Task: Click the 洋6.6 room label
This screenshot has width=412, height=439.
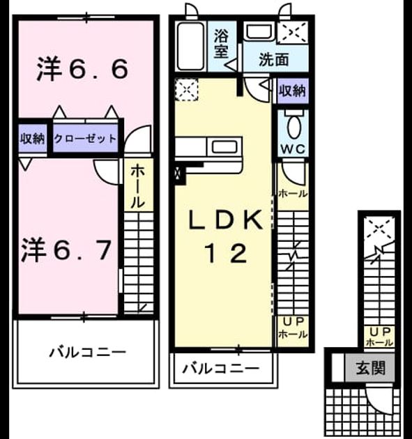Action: tap(83, 68)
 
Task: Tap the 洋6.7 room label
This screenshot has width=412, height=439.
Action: tap(66, 249)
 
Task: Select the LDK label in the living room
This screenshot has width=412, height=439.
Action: tap(226, 220)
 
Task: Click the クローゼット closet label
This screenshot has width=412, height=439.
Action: tap(85, 138)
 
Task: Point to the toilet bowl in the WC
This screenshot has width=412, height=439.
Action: tap(293, 128)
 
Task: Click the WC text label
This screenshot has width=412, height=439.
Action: tap(293, 148)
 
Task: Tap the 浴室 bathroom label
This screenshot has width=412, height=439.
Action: tap(221, 44)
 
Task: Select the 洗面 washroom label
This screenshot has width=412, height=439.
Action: tap(274, 59)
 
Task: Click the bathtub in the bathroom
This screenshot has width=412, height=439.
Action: tap(190, 46)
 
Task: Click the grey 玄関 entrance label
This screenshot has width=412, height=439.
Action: tap(371, 368)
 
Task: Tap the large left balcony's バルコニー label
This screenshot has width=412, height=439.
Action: tap(88, 353)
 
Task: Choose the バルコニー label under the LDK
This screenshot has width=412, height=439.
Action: tap(221, 369)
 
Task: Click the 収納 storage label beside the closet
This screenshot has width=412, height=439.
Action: tap(32, 139)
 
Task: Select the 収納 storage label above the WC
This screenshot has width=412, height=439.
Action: tap(293, 91)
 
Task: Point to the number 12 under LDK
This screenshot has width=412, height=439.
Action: tap(227, 254)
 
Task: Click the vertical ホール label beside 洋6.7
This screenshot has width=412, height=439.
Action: tap(138, 186)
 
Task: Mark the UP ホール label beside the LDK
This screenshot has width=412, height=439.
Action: tap(293, 328)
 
